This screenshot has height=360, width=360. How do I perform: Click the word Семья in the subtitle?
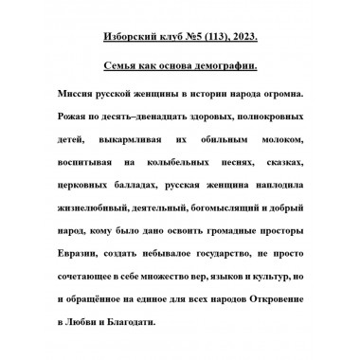point(122,71)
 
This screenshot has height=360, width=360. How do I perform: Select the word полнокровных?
point(265,120)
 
